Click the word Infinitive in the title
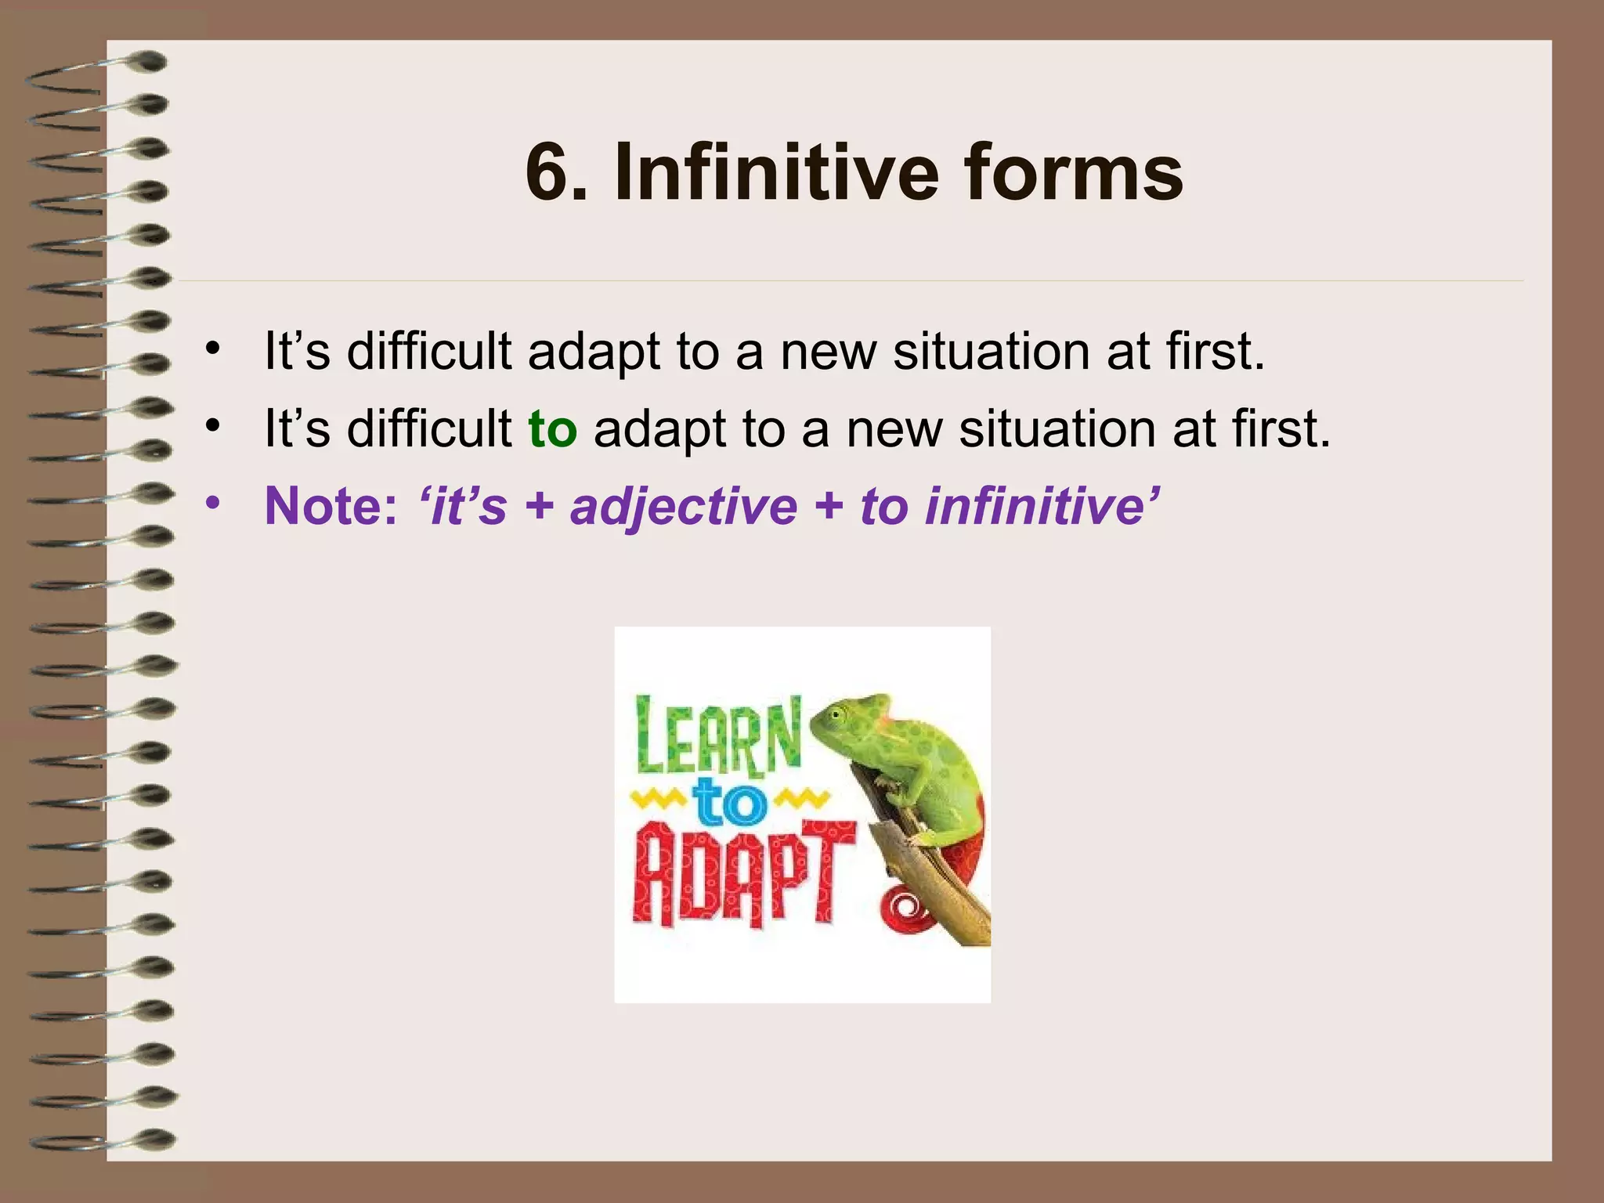pyautogui.click(x=775, y=172)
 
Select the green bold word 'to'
pyautogui.click(x=552, y=430)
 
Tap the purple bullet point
pyautogui.click(x=212, y=504)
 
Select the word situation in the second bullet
pyautogui.click(x=1057, y=430)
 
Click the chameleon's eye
pyautogui.click(x=837, y=714)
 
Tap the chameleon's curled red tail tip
pyautogui.click(x=905, y=909)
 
